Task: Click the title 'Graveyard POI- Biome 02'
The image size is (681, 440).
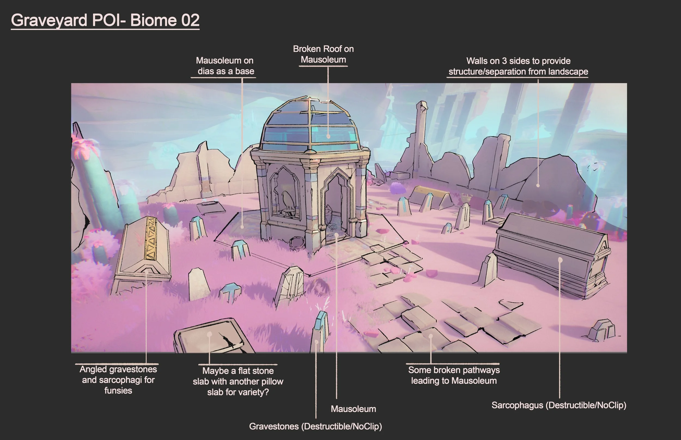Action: pyautogui.click(x=105, y=20)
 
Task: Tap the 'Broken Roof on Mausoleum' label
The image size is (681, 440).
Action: pyautogui.click(x=323, y=54)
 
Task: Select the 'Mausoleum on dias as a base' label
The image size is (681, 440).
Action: pyautogui.click(x=225, y=66)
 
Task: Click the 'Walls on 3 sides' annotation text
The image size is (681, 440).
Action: pyautogui.click(x=518, y=66)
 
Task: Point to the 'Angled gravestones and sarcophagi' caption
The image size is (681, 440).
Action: pyautogui.click(x=118, y=380)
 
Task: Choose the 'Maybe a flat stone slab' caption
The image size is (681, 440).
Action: pyautogui.click(x=238, y=382)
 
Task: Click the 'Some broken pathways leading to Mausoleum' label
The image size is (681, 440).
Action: pyautogui.click(x=454, y=375)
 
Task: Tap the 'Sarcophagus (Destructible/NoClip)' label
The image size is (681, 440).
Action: pyautogui.click(x=559, y=405)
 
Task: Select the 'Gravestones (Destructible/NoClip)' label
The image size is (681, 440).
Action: pyautogui.click(x=315, y=426)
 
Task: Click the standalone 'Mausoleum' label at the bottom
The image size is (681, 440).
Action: pyautogui.click(x=353, y=409)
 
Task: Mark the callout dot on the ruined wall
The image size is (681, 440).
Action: pyautogui.click(x=538, y=185)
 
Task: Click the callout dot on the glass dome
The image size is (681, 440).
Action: pyautogui.click(x=329, y=137)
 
